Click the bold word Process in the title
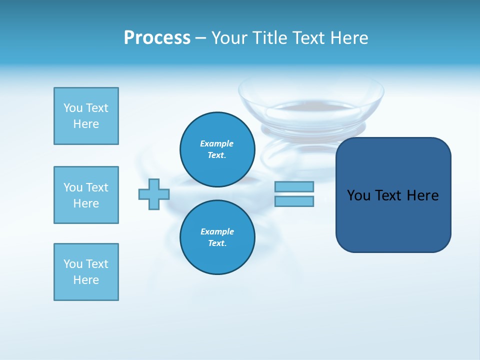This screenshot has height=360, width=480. click(x=157, y=38)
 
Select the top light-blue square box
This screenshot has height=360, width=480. click(x=86, y=116)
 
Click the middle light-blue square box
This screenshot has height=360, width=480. click(x=86, y=195)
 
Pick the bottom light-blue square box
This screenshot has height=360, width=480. click(x=86, y=272)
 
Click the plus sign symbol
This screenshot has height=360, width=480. click(x=154, y=194)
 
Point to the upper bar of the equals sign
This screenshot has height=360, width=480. click(x=294, y=186)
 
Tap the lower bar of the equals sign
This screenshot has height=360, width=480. click(x=294, y=201)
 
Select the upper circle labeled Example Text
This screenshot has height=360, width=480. click(x=217, y=149)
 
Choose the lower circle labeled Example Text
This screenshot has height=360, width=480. click(x=217, y=237)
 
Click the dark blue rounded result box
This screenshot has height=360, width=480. click(x=393, y=220)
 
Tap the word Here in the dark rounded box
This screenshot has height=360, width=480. click(x=422, y=195)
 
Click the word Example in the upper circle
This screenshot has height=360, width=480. click(x=216, y=143)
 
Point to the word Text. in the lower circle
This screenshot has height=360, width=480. click(x=217, y=243)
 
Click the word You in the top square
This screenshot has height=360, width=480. click(x=73, y=108)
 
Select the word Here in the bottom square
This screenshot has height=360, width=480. click(x=86, y=280)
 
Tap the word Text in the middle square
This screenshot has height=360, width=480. click(x=97, y=187)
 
